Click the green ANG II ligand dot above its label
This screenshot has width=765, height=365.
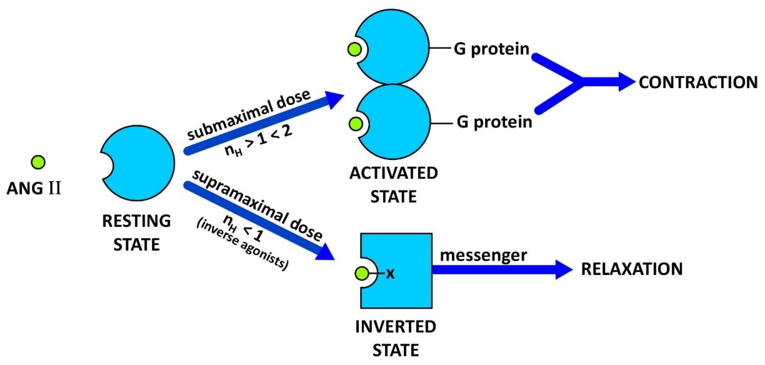38,162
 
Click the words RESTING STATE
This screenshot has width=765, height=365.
137,233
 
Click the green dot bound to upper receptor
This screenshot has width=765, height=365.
355,49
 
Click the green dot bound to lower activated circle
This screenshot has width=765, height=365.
356,124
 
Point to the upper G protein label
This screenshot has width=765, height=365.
492,49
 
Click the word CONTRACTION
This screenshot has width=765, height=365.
698,82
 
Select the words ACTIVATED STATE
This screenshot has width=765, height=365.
394,185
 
